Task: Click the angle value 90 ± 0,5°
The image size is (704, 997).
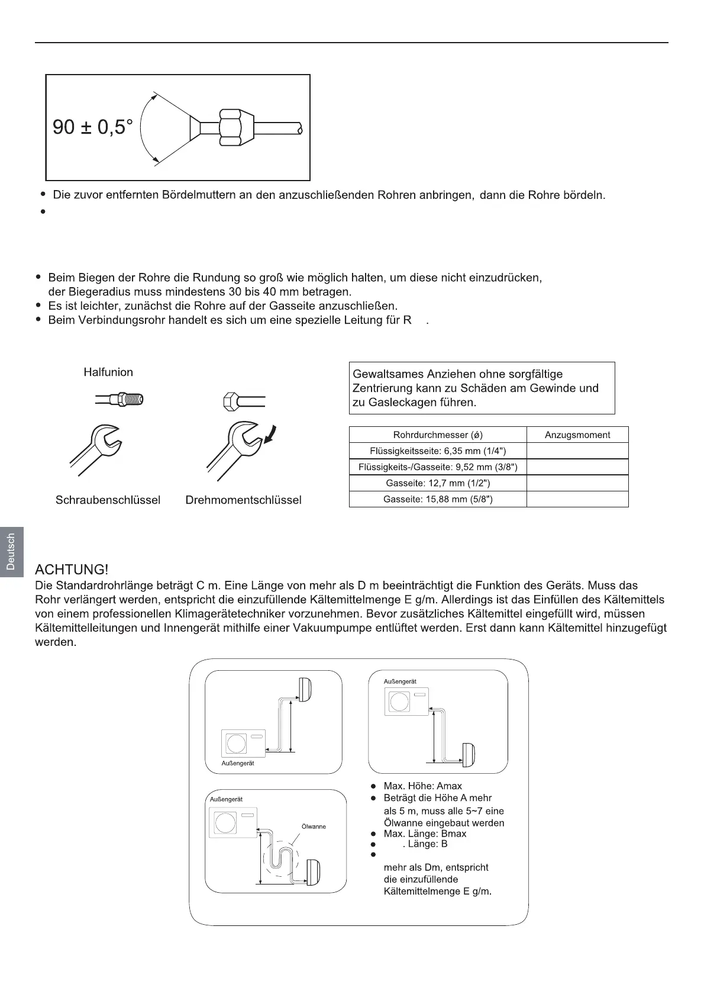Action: click(93, 127)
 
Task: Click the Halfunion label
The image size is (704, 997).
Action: click(108, 372)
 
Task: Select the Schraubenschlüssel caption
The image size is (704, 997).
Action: click(108, 500)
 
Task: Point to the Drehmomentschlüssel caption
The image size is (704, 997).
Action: click(243, 500)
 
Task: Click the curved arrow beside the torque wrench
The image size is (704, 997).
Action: click(273, 436)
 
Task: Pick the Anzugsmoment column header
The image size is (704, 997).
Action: click(577, 435)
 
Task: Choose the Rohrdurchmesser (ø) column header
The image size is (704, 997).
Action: click(438, 435)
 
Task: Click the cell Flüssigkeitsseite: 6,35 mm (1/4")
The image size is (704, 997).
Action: click(438, 451)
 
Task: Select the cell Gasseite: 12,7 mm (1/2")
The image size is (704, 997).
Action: click(438, 483)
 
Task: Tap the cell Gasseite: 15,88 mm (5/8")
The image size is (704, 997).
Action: click(438, 499)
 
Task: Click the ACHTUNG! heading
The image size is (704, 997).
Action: click(72, 570)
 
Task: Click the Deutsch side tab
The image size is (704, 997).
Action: click(11, 551)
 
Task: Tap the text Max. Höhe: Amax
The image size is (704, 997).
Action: click(422, 786)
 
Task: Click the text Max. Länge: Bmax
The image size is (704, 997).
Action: click(425, 834)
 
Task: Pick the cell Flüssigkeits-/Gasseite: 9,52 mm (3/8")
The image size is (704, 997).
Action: click(438, 467)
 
